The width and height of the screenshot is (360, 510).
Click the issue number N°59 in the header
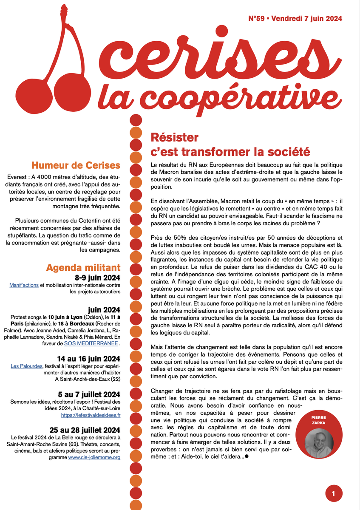(x=257, y=18)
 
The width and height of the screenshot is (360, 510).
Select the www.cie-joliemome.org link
(x=94, y=457)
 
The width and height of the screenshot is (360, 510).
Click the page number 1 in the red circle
(x=334, y=494)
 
